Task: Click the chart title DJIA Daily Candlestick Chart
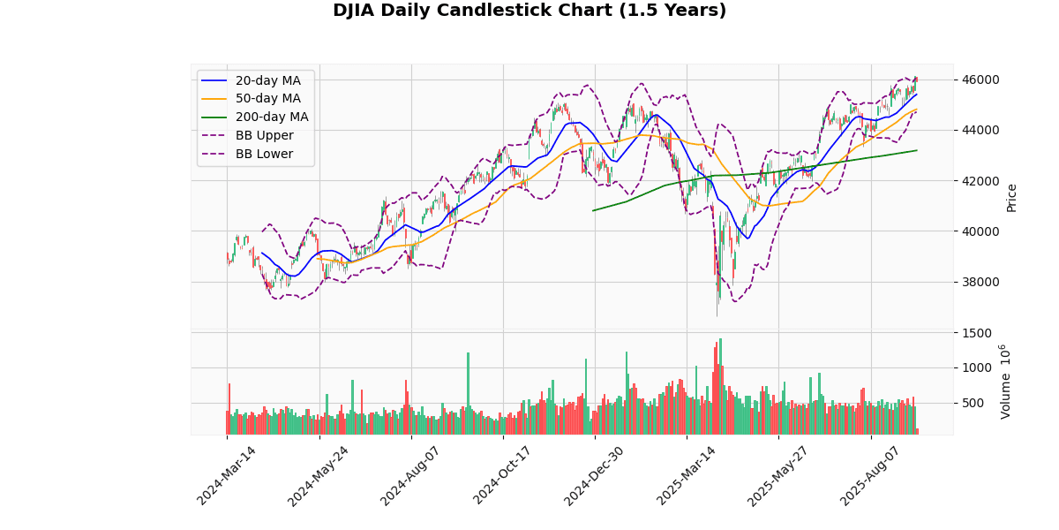tap(529, 11)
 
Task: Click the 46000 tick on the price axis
tap(980, 79)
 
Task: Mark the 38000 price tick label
tap(980, 282)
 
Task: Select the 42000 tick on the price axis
tap(980, 181)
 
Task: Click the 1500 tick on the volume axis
tap(975, 333)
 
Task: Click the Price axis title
tap(1011, 197)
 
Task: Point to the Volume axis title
tap(1006, 382)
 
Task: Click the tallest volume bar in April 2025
tap(720, 387)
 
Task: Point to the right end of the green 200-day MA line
tap(917, 150)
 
